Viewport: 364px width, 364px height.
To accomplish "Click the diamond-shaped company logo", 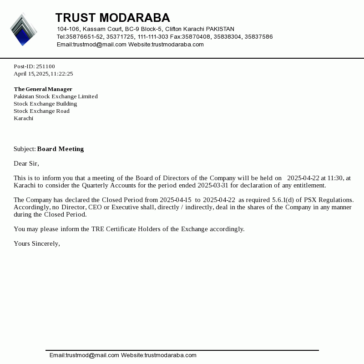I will coord(23,30).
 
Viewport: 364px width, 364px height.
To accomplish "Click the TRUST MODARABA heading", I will coord(112,18).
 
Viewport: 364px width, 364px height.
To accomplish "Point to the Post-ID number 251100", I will coord(45,66).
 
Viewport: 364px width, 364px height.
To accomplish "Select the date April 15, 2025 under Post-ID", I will coord(31,74).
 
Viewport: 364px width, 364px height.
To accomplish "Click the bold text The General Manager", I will coord(43,89).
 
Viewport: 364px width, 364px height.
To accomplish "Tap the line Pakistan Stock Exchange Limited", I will coord(56,96).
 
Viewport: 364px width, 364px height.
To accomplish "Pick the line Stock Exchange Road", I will coord(41,111).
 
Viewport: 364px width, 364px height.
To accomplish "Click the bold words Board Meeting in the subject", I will coord(61,149).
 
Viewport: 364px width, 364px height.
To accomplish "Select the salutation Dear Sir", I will coord(26,163).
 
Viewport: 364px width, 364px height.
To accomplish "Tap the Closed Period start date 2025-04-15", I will coord(176,200).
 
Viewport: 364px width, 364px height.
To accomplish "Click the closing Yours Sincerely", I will coord(37,243).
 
